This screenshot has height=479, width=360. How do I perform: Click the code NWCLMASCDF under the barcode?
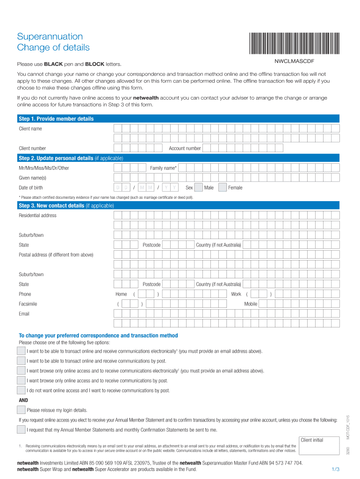(294, 61)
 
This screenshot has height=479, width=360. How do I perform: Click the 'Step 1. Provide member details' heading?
(56, 119)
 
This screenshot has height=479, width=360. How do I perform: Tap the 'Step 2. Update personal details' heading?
(71, 158)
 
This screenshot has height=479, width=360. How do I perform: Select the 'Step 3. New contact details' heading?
(66, 205)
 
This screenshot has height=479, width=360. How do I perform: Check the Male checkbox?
(198, 188)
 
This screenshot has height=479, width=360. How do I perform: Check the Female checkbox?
(222, 188)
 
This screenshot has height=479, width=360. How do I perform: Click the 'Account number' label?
(185, 148)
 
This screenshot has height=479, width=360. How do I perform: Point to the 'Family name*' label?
(163, 168)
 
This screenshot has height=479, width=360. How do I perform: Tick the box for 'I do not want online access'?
(21, 390)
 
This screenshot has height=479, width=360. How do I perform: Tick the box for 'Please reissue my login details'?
(21, 410)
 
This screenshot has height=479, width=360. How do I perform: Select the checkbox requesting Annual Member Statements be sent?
(21, 429)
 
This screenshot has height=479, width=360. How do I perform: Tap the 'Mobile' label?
(251, 304)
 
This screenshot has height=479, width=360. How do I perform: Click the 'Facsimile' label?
(28, 304)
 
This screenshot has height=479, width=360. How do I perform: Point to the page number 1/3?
(335, 469)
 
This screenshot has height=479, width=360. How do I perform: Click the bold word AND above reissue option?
(23, 400)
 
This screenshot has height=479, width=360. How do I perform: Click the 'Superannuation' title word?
(50, 36)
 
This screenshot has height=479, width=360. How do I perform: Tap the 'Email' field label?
(24, 314)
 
